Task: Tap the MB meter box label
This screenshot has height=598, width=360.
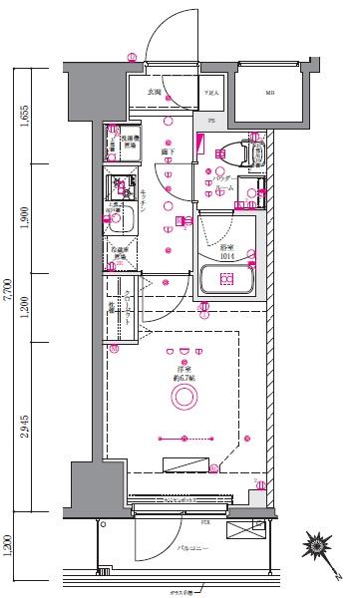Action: [270, 96]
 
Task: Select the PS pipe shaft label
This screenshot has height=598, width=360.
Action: [210, 121]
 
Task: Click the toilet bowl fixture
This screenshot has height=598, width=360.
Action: [229, 153]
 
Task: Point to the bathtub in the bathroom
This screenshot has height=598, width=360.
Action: [226, 279]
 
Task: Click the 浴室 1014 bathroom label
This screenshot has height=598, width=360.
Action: [226, 251]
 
